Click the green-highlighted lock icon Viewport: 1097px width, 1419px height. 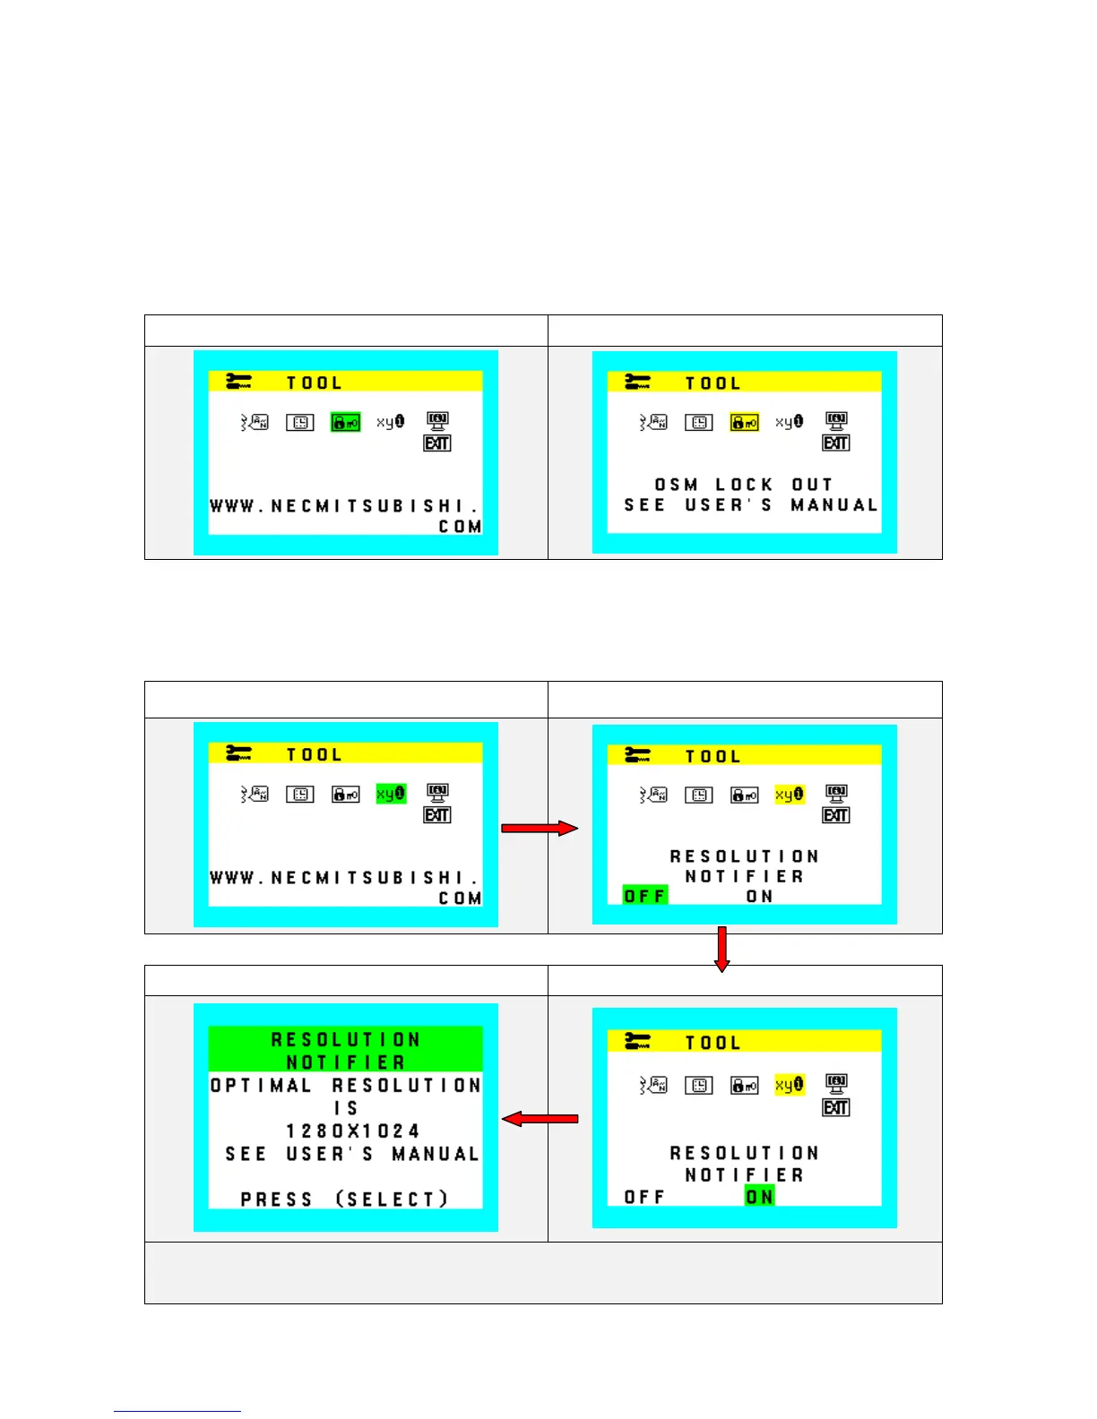345,422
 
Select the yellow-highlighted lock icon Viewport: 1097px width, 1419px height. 744,422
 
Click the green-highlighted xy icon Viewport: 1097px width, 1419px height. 391,794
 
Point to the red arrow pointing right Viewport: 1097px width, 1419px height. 540,829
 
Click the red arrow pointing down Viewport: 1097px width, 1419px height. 721,950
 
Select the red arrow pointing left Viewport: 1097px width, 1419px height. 540,1118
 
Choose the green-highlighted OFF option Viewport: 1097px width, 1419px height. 645,895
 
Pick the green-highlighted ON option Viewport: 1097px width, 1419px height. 759,1197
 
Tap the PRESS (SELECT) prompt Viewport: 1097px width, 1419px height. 345,1200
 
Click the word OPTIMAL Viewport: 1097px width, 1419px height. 261,1086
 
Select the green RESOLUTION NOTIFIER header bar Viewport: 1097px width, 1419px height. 345,1050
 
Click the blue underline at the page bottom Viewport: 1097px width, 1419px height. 177,1411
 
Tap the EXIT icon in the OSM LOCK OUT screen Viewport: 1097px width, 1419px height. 836,443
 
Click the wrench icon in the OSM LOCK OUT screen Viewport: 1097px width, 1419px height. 637,383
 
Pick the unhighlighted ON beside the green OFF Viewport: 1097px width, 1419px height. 759,896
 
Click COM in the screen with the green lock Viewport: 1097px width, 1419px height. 460,527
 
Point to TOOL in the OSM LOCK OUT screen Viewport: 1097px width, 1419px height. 713,383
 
